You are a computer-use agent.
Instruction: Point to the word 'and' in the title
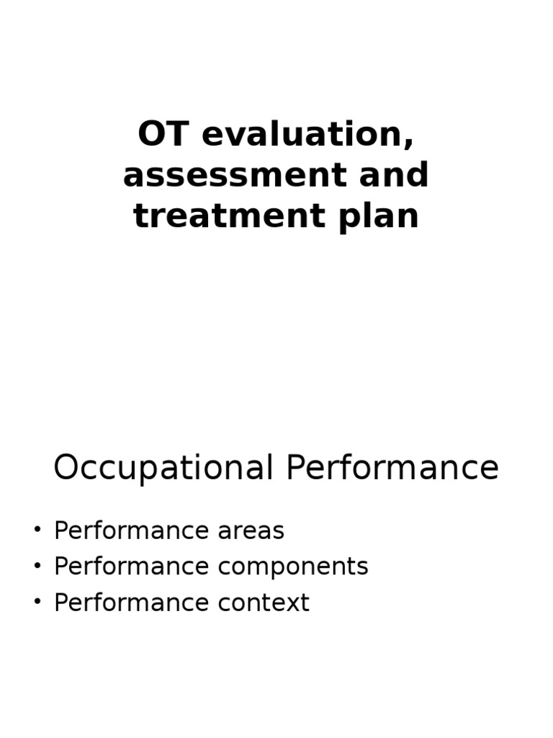[x=400, y=176]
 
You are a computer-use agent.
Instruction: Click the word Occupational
[x=163, y=468]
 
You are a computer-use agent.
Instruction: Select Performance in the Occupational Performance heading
[x=392, y=468]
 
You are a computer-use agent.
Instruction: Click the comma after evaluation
[x=410, y=144]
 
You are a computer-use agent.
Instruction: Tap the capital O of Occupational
[x=66, y=468]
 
